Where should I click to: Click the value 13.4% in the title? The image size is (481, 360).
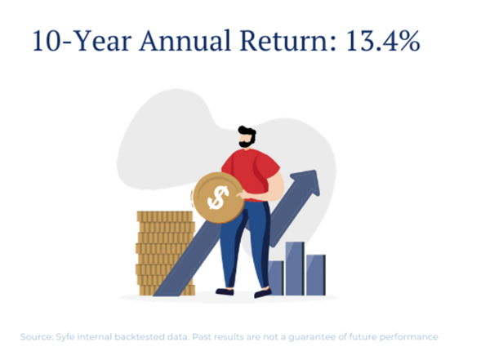383,41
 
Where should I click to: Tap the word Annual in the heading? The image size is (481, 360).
185,41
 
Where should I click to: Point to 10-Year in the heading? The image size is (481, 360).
82,41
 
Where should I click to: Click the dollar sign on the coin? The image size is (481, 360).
218,198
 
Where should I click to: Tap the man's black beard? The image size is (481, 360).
247,142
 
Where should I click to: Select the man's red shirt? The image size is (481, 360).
251,173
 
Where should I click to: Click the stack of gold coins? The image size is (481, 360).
166,253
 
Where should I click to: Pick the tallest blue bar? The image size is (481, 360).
295,269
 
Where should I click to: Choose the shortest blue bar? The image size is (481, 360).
276,278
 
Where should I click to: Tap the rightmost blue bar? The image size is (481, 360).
316,275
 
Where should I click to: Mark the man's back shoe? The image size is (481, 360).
225,291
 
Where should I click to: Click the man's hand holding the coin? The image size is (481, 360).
244,195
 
